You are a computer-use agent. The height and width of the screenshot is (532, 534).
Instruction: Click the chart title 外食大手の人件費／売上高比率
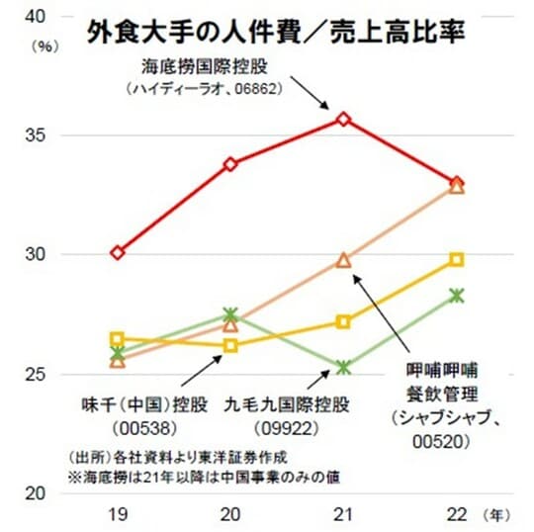(x=277, y=31)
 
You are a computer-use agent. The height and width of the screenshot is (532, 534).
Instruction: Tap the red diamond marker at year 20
(x=230, y=164)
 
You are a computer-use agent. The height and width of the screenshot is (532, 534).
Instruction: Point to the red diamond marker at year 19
(x=118, y=252)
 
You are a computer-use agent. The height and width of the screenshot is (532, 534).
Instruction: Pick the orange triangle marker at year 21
(x=343, y=260)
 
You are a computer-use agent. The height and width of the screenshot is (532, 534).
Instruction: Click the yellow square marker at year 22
(x=457, y=259)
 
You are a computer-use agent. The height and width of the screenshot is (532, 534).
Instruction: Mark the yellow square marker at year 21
(x=343, y=321)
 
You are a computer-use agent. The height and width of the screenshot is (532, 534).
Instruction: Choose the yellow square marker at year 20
(x=230, y=345)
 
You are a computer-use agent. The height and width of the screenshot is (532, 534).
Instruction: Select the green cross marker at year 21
(x=343, y=367)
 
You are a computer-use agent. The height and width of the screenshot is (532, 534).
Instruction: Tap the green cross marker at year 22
(x=457, y=295)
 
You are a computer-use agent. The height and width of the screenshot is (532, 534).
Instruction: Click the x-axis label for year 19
(x=118, y=515)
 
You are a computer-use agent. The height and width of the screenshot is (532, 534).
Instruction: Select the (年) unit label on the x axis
(x=500, y=515)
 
